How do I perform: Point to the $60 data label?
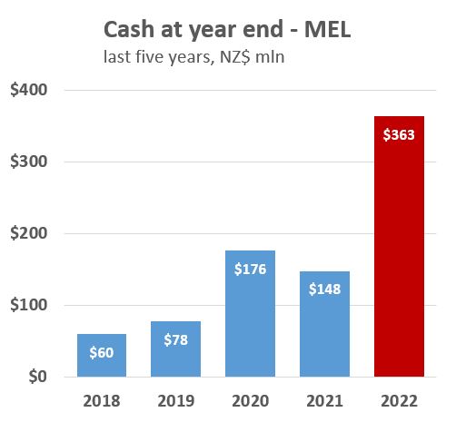pyautogui.click(x=101, y=353)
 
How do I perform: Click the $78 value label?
pyautogui.click(x=175, y=339)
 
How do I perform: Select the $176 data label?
pyautogui.click(x=250, y=270)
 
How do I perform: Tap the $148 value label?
pyautogui.click(x=324, y=290)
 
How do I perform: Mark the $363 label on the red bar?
pyautogui.click(x=399, y=135)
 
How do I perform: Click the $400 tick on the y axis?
pyautogui.click(x=30, y=91)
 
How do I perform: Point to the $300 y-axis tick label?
pyautogui.click(x=30, y=162)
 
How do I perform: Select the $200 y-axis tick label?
pyautogui.click(x=30, y=234)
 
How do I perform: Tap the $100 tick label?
pyautogui.click(x=30, y=306)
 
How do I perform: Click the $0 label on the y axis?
pyautogui.click(x=39, y=377)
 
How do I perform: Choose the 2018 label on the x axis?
pyautogui.click(x=101, y=399)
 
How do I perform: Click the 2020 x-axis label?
pyautogui.click(x=250, y=399)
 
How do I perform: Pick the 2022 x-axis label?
pyautogui.click(x=399, y=399)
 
